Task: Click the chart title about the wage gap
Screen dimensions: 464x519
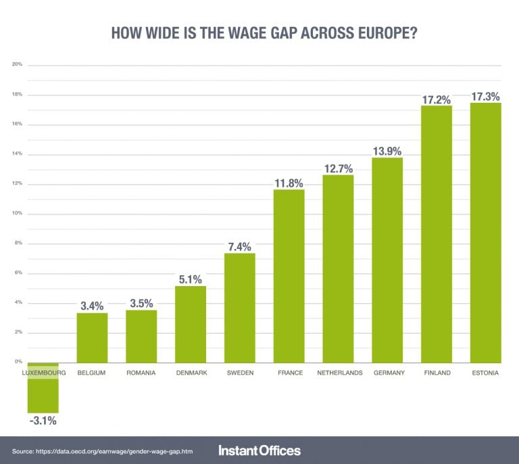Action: (x=259, y=33)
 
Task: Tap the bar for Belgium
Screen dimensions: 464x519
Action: (x=92, y=338)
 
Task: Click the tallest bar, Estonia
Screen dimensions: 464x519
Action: (x=485, y=233)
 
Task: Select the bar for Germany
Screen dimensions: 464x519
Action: (x=387, y=260)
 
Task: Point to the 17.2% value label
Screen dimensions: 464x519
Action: (x=436, y=99)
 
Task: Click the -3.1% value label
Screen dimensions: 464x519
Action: (x=43, y=421)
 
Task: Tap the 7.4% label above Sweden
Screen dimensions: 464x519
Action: (x=239, y=246)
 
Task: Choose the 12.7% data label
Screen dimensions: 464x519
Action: (x=338, y=168)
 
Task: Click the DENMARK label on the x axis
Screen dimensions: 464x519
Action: (x=191, y=373)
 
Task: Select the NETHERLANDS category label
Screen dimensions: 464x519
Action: (x=339, y=373)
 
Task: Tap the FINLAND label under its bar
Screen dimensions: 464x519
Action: (x=437, y=373)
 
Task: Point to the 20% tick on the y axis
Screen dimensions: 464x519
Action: (x=17, y=65)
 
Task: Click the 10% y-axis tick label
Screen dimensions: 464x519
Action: (x=17, y=214)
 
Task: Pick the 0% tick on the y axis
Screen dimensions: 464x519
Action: (x=18, y=363)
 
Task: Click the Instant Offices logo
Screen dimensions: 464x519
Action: (x=259, y=450)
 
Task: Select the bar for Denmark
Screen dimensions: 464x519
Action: (x=191, y=325)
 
